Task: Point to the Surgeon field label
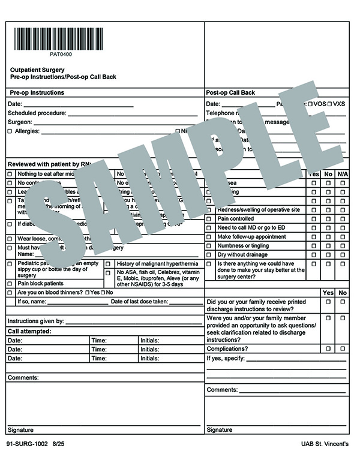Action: point(19,122)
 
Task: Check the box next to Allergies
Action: point(10,131)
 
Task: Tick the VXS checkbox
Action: point(330,104)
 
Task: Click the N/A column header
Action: point(343,173)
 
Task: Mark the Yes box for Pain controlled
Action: point(314,219)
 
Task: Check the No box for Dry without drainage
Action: point(328,254)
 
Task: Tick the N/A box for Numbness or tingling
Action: point(343,245)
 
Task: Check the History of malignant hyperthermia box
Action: point(109,264)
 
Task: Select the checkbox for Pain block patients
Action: point(10,283)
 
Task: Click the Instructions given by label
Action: point(35,321)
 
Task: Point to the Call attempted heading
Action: point(29,330)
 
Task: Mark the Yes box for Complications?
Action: point(328,348)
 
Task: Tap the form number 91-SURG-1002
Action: point(27,444)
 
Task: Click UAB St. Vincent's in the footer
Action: point(325,444)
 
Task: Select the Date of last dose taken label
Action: point(139,302)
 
